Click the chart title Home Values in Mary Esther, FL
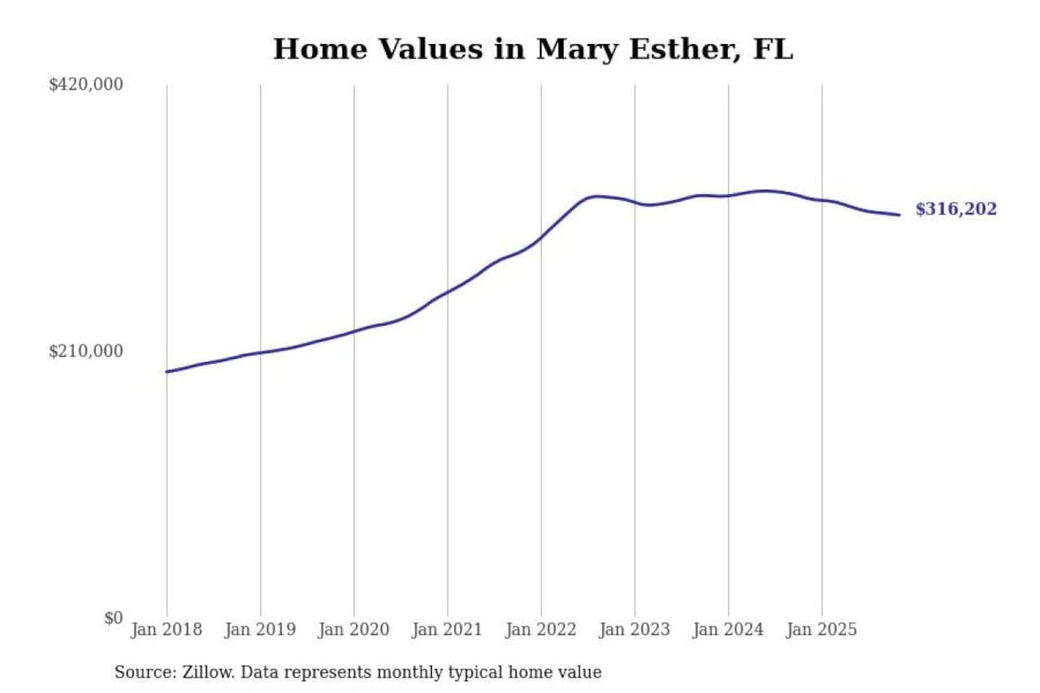(x=532, y=49)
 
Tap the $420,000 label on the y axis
(x=86, y=84)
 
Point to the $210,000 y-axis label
(x=86, y=352)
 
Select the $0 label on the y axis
(x=113, y=618)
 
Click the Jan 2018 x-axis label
(x=167, y=629)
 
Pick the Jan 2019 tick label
(x=260, y=629)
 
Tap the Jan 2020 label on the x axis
(x=354, y=629)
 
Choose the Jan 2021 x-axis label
(x=447, y=629)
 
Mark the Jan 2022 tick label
(x=541, y=629)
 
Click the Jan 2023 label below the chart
(x=634, y=629)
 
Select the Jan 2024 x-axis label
(x=728, y=629)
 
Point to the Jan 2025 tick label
(x=821, y=629)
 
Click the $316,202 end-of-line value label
(x=955, y=209)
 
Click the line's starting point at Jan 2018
(x=167, y=372)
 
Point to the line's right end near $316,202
(x=899, y=214)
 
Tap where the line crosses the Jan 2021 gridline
(x=447, y=291)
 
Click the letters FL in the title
(x=772, y=49)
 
